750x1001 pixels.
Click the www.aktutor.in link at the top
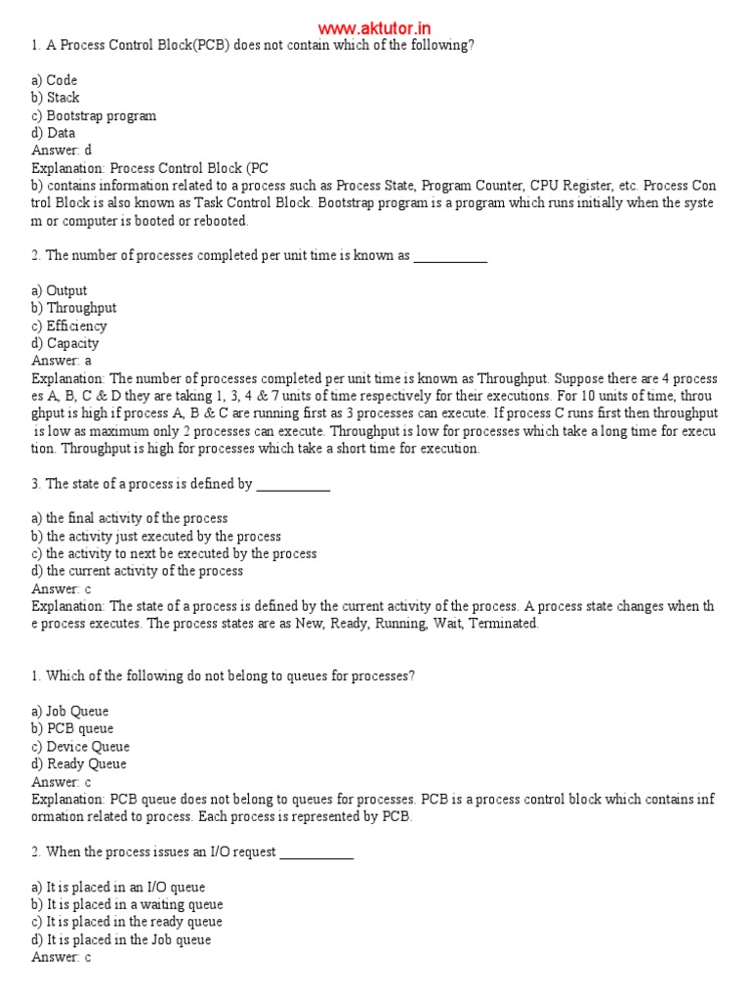click(x=374, y=28)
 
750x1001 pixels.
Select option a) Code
click(x=55, y=80)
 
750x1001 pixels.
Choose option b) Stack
click(x=56, y=98)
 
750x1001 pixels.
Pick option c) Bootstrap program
click(x=94, y=115)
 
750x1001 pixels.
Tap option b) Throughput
click(x=73, y=308)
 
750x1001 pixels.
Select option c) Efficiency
click(x=69, y=326)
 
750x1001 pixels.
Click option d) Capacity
click(x=65, y=343)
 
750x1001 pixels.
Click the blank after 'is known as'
click(x=450, y=257)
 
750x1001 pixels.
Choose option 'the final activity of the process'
click(x=129, y=518)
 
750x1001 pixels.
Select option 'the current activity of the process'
click(x=137, y=571)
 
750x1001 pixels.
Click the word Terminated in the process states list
click(x=503, y=624)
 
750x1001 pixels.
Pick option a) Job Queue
click(x=70, y=712)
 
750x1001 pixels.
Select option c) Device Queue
click(x=80, y=747)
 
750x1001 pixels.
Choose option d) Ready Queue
click(x=79, y=764)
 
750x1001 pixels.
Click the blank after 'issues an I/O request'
click(x=316, y=853)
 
